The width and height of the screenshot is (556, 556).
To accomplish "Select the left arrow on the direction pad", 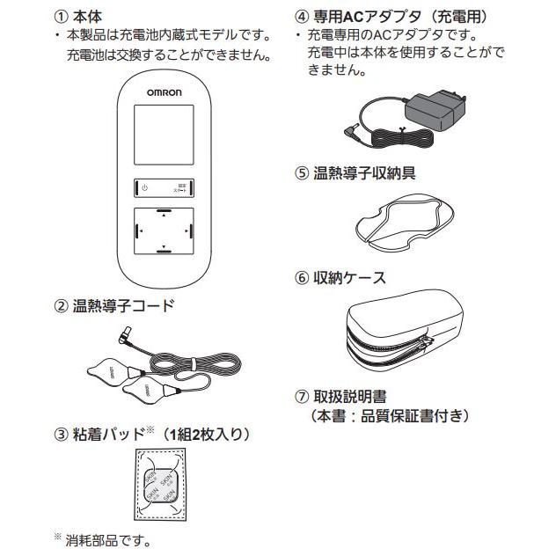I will tap(138, 232).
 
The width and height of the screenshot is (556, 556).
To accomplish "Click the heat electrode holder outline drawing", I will tap(401, 220).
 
